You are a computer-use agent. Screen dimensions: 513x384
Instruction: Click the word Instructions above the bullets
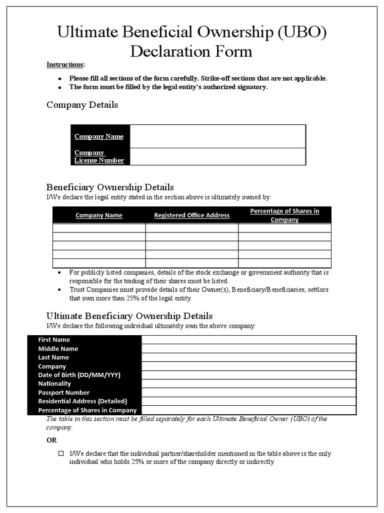65,65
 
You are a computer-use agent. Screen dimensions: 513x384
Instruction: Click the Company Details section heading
82,105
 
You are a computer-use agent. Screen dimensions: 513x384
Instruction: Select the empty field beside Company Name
217,136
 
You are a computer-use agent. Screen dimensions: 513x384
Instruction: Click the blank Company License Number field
217,156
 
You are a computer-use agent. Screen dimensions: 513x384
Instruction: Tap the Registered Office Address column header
191,215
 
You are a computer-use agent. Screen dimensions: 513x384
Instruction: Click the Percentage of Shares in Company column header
284,215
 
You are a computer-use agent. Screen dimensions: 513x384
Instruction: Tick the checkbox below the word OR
61,453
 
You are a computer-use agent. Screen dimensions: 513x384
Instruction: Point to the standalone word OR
52,440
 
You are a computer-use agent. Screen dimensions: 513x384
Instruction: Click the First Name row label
54,340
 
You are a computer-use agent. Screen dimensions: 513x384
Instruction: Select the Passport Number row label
64,393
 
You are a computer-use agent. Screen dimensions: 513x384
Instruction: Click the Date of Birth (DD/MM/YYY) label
79,375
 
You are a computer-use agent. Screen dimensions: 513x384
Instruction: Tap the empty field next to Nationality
248,384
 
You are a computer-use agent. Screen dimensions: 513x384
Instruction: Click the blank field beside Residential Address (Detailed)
248,401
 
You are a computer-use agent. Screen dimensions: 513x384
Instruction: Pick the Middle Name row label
58,349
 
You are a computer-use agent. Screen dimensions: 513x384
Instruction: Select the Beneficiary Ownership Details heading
110,187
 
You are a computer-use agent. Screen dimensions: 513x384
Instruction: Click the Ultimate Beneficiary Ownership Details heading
129,316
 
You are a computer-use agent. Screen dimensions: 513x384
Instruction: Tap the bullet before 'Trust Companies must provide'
59,290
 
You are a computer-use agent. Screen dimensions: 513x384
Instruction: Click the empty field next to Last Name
248,358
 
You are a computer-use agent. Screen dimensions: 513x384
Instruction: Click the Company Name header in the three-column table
98,215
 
